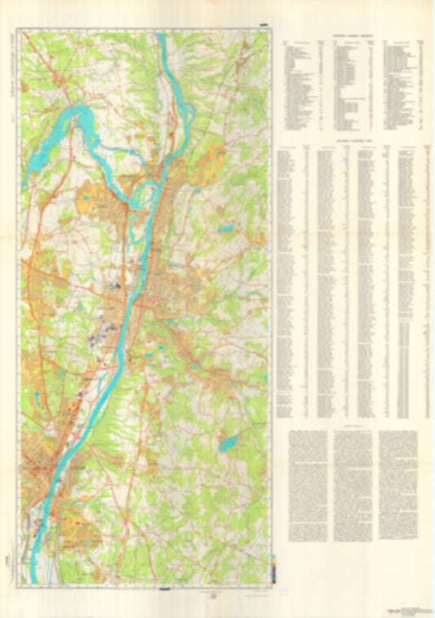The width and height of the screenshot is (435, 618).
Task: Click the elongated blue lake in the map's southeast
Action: [228, 444]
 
